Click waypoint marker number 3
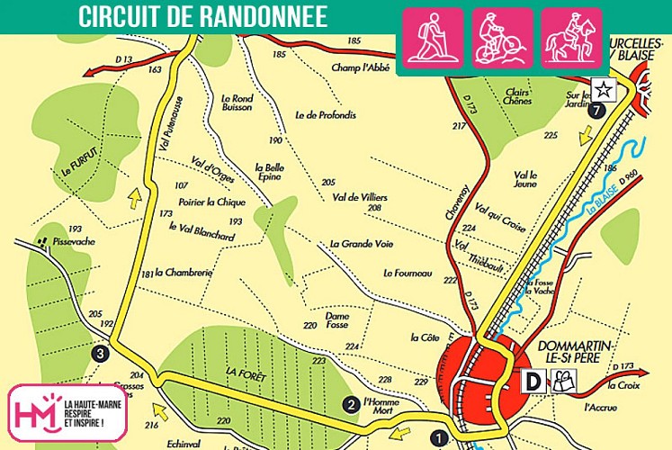101,354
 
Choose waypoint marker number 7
596,111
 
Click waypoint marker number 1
439,438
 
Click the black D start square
534,382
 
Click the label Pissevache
74,242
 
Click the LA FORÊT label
243,370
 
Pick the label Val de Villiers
359,196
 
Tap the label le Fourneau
408,273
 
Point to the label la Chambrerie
183,272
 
